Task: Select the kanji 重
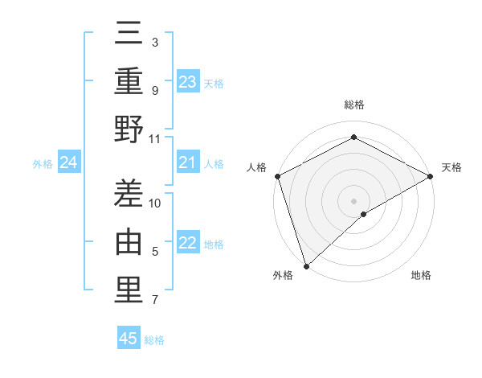(x=129, y=83)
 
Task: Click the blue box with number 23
(x=188, y=82)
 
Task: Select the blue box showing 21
(x=188, y=163)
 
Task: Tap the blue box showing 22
(x=188, y=244)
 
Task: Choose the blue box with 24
(x=68, y=163)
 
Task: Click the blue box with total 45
(x=129, y=339)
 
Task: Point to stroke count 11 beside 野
(x=155, y=138)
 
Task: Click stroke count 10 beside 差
(x=155, y=203)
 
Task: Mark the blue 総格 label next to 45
(x=154, y=340)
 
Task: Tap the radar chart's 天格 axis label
(x=451, y=167)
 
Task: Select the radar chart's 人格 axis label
(x=257, y=167)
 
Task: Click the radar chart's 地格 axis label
(x=421, y=276)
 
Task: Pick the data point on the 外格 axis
(x=305, y=266)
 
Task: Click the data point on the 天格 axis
(x=431, y=176)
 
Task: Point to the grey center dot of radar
(x=353, y=201)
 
